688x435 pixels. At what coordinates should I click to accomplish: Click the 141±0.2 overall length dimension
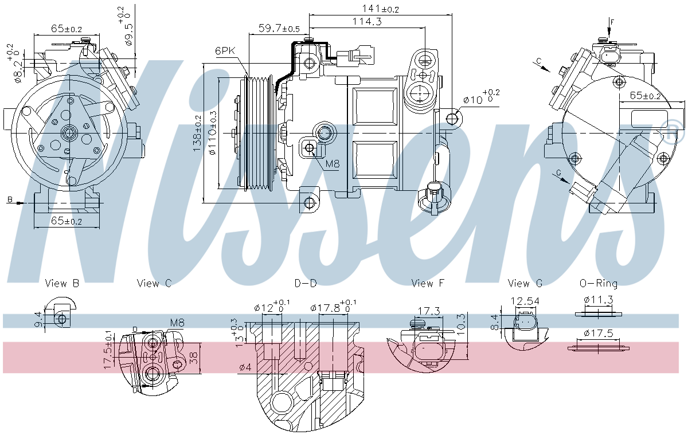[381, 9]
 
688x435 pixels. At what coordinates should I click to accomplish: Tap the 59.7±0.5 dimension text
[279, 28]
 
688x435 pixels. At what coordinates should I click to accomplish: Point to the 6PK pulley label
[225, 50]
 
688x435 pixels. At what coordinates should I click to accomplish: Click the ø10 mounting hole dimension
[481, 99]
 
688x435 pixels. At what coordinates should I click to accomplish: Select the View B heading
[62, 283]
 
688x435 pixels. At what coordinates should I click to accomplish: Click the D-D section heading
[306, 283]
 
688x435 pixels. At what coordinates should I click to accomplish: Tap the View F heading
[428, 283]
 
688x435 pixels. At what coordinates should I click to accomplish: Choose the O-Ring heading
[599, 283]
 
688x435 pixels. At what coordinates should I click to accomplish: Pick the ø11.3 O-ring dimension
[599, 300]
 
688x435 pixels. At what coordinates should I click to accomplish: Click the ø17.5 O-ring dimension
[599, 333]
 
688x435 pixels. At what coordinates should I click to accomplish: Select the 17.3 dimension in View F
[428, 311]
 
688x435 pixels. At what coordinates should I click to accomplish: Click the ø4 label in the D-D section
[244, 367]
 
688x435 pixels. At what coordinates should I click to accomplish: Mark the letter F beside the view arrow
[612, 22]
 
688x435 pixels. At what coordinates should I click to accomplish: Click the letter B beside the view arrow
[10, 199]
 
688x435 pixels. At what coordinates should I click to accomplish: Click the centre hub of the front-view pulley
[69, 134]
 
